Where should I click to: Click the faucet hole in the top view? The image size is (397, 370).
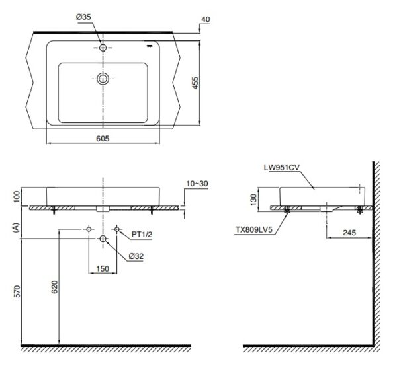click(x=103, y=48)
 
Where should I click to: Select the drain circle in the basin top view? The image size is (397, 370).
click(x=103, y=78)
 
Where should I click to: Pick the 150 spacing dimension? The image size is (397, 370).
click(x=103, y=268)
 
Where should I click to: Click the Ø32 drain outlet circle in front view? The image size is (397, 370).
click(x=103, y=238)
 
